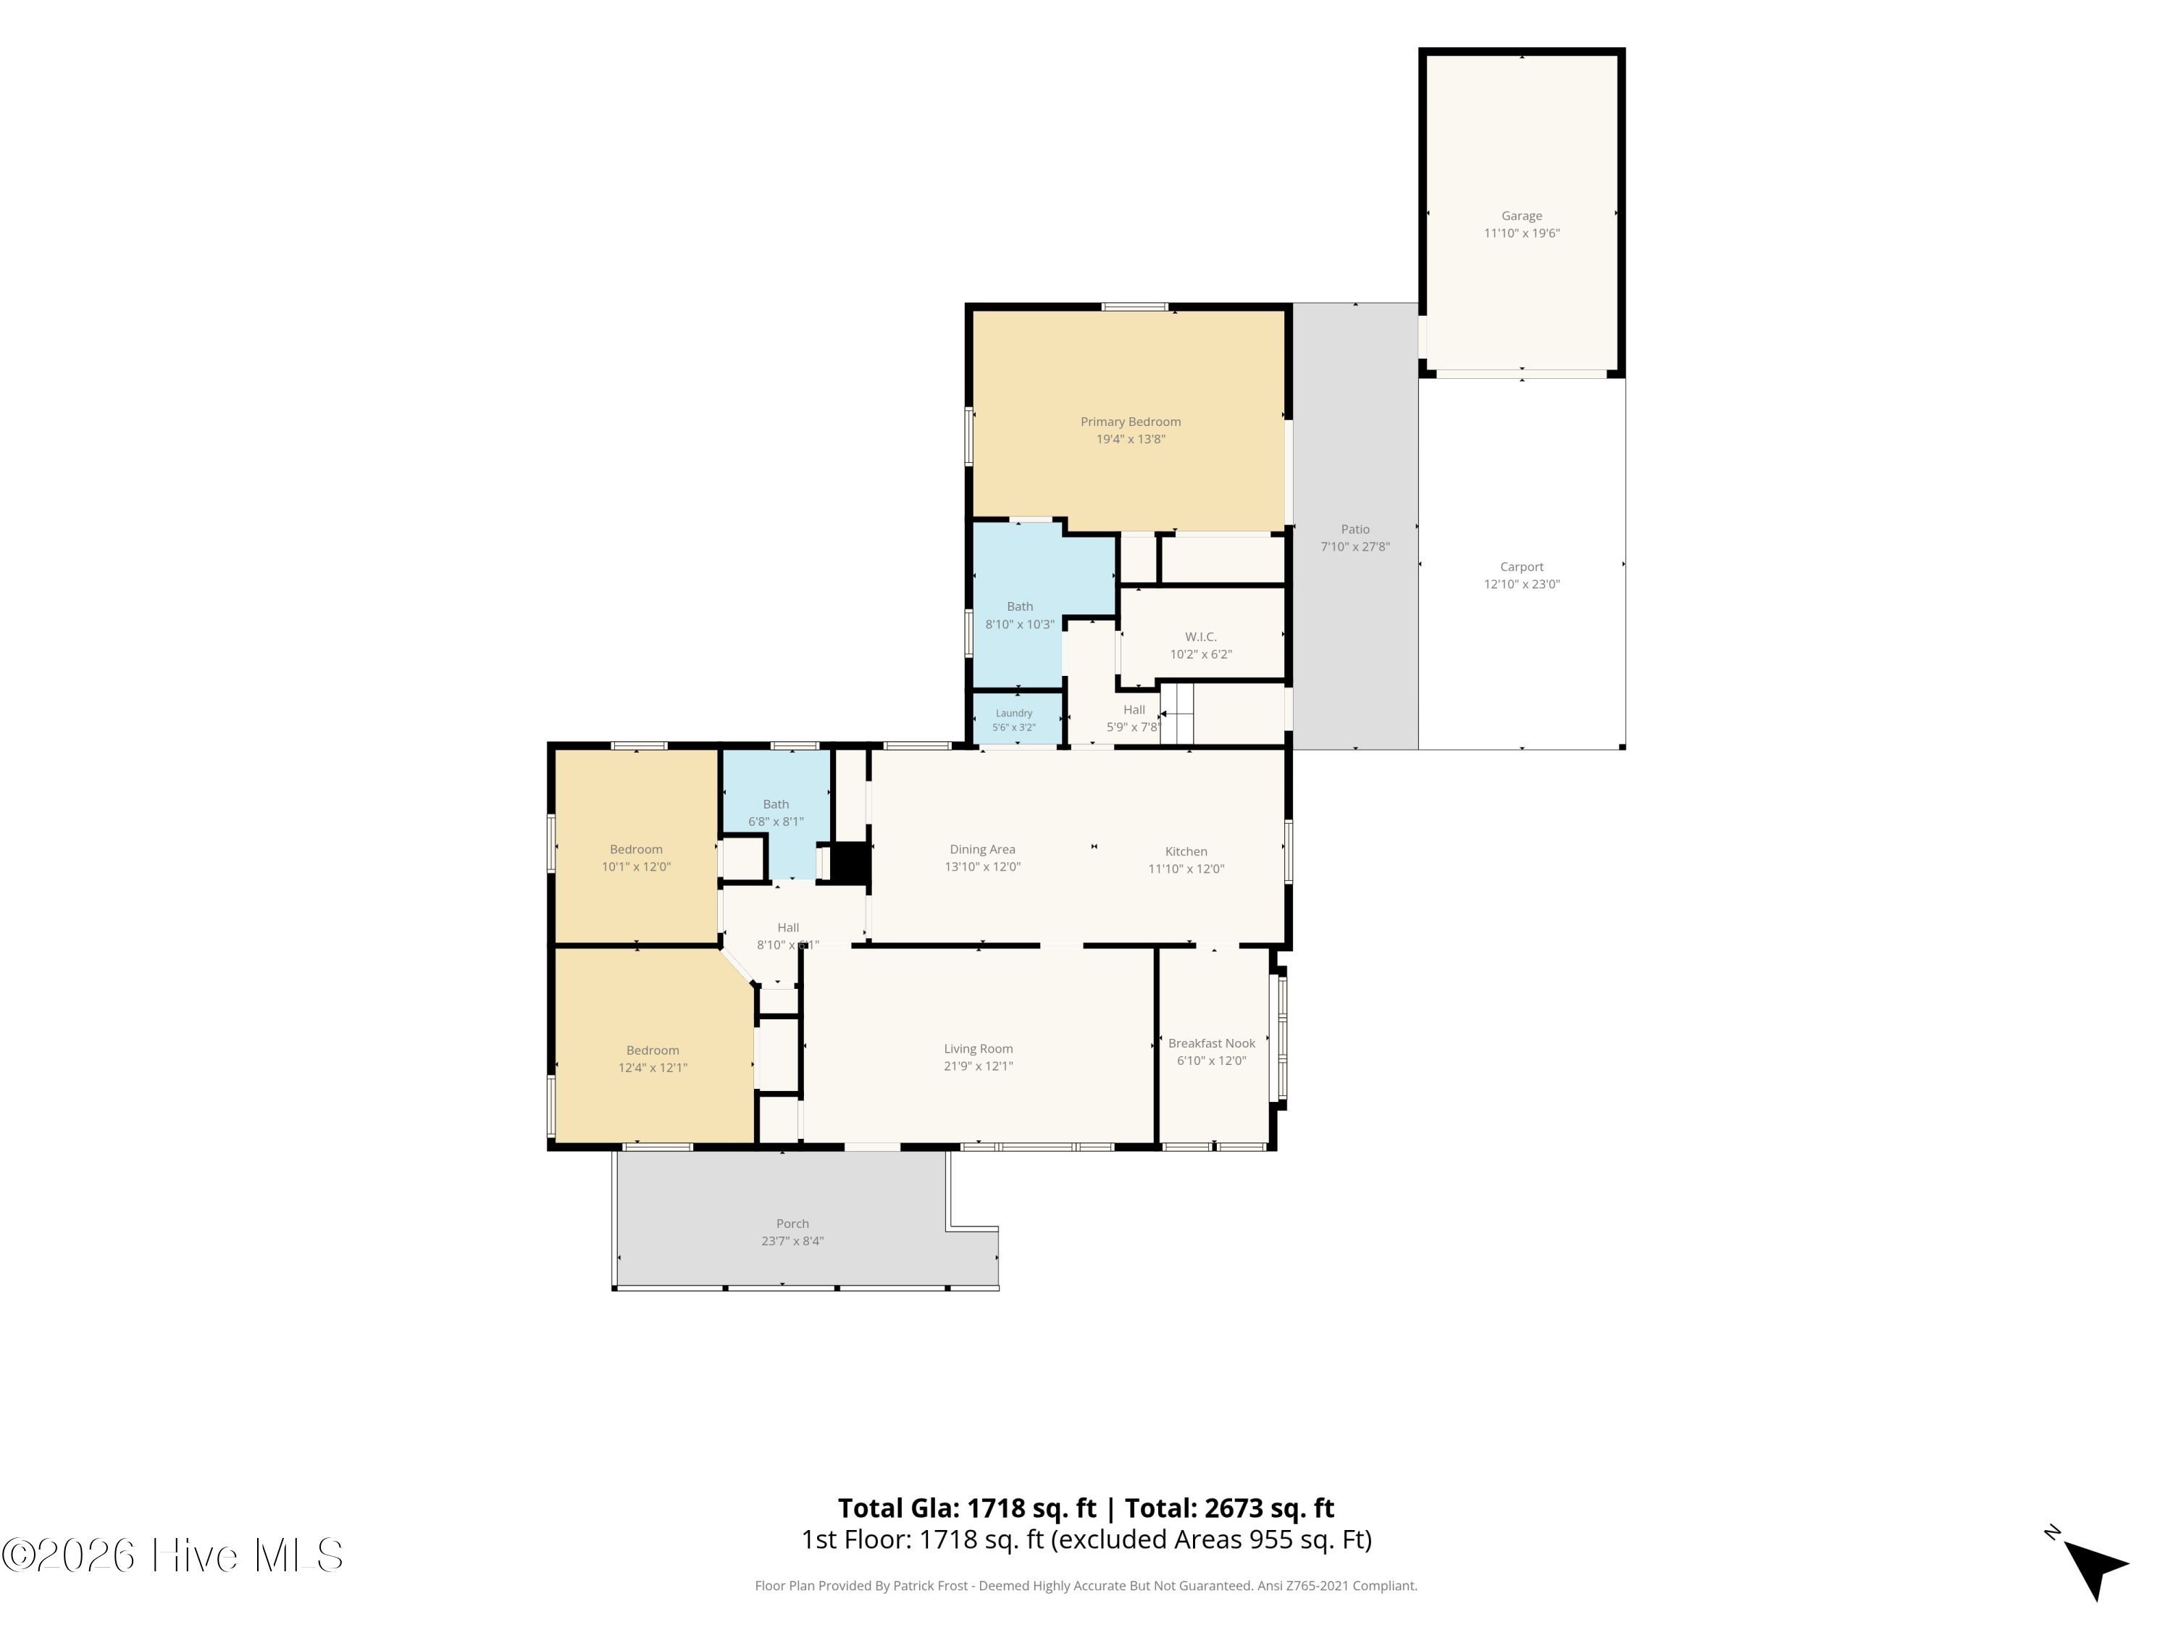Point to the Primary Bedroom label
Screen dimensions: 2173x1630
(1131, 422)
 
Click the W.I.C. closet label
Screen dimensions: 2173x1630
(1200, 638)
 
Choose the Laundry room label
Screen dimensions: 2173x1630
(1014, 714)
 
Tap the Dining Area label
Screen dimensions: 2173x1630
(982, 850)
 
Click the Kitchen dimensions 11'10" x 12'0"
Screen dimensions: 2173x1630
(1186, 869)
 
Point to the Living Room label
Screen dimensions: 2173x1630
(979, 1049)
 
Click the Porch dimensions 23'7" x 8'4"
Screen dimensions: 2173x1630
(792, 1241)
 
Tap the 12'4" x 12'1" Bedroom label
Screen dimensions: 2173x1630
(653, 1050)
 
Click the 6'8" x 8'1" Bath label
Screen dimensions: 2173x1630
(775, 805)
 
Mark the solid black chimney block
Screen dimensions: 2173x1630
(851, 864)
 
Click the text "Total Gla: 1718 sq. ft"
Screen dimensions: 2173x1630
(967, 1508)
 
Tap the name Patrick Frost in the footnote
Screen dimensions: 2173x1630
(930, 1586)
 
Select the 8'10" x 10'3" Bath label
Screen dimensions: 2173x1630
(1020, 607)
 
